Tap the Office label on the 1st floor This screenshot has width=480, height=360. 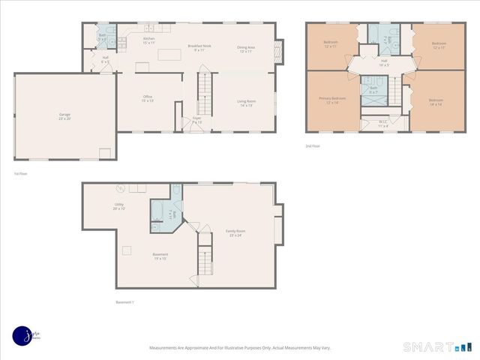pos(148,98)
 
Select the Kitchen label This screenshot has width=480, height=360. pos(148,40)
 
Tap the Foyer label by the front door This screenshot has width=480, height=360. pos(196,119)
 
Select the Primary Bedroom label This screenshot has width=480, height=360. pos(332,100)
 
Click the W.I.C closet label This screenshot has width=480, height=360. pos(382,124)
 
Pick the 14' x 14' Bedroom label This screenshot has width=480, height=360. pos(437,102)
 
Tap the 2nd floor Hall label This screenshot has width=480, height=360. pos(384,62)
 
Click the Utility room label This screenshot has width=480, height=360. pos(119,205)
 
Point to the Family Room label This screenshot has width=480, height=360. pos(235,232)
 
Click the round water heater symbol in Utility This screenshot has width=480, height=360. pos(119,188)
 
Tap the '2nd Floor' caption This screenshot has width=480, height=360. pos(313,146)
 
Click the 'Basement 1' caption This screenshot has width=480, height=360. pos(124,302)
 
